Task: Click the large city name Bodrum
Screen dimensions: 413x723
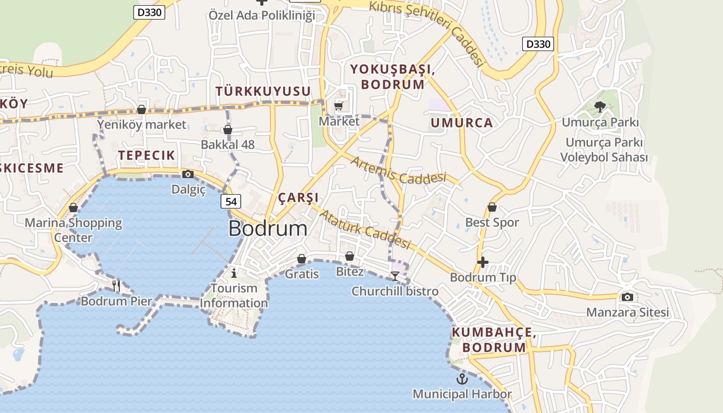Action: pos(268,228)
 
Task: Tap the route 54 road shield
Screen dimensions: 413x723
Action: pos(231,201)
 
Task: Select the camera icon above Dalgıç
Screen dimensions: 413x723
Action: pos(188,174)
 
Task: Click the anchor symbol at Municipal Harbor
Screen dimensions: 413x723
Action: pos(462,379)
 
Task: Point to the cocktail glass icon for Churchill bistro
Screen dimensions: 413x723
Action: pos(395,276)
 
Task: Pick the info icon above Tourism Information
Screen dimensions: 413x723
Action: pos(234,273)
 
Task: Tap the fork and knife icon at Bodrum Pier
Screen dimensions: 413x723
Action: pos(117,285)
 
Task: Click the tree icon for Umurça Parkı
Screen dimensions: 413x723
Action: pos(600,107)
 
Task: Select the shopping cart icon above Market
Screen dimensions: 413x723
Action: pos(339,106)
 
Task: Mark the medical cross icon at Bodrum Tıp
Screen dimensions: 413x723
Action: pos(483,262)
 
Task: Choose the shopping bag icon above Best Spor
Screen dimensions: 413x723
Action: pos(492,207)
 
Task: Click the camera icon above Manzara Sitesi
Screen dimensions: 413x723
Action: pos(627,297)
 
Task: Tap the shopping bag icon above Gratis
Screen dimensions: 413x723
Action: pos(302,259)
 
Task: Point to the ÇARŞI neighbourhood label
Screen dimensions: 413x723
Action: pos(298,198)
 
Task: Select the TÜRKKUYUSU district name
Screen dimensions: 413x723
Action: pos(263,91)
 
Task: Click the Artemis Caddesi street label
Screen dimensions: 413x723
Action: pos(398,171)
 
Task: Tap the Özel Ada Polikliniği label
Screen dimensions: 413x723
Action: pos(262,15)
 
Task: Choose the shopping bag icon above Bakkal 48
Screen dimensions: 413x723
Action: pos(228,130)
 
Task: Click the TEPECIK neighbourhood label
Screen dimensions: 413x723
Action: pos(147,155)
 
